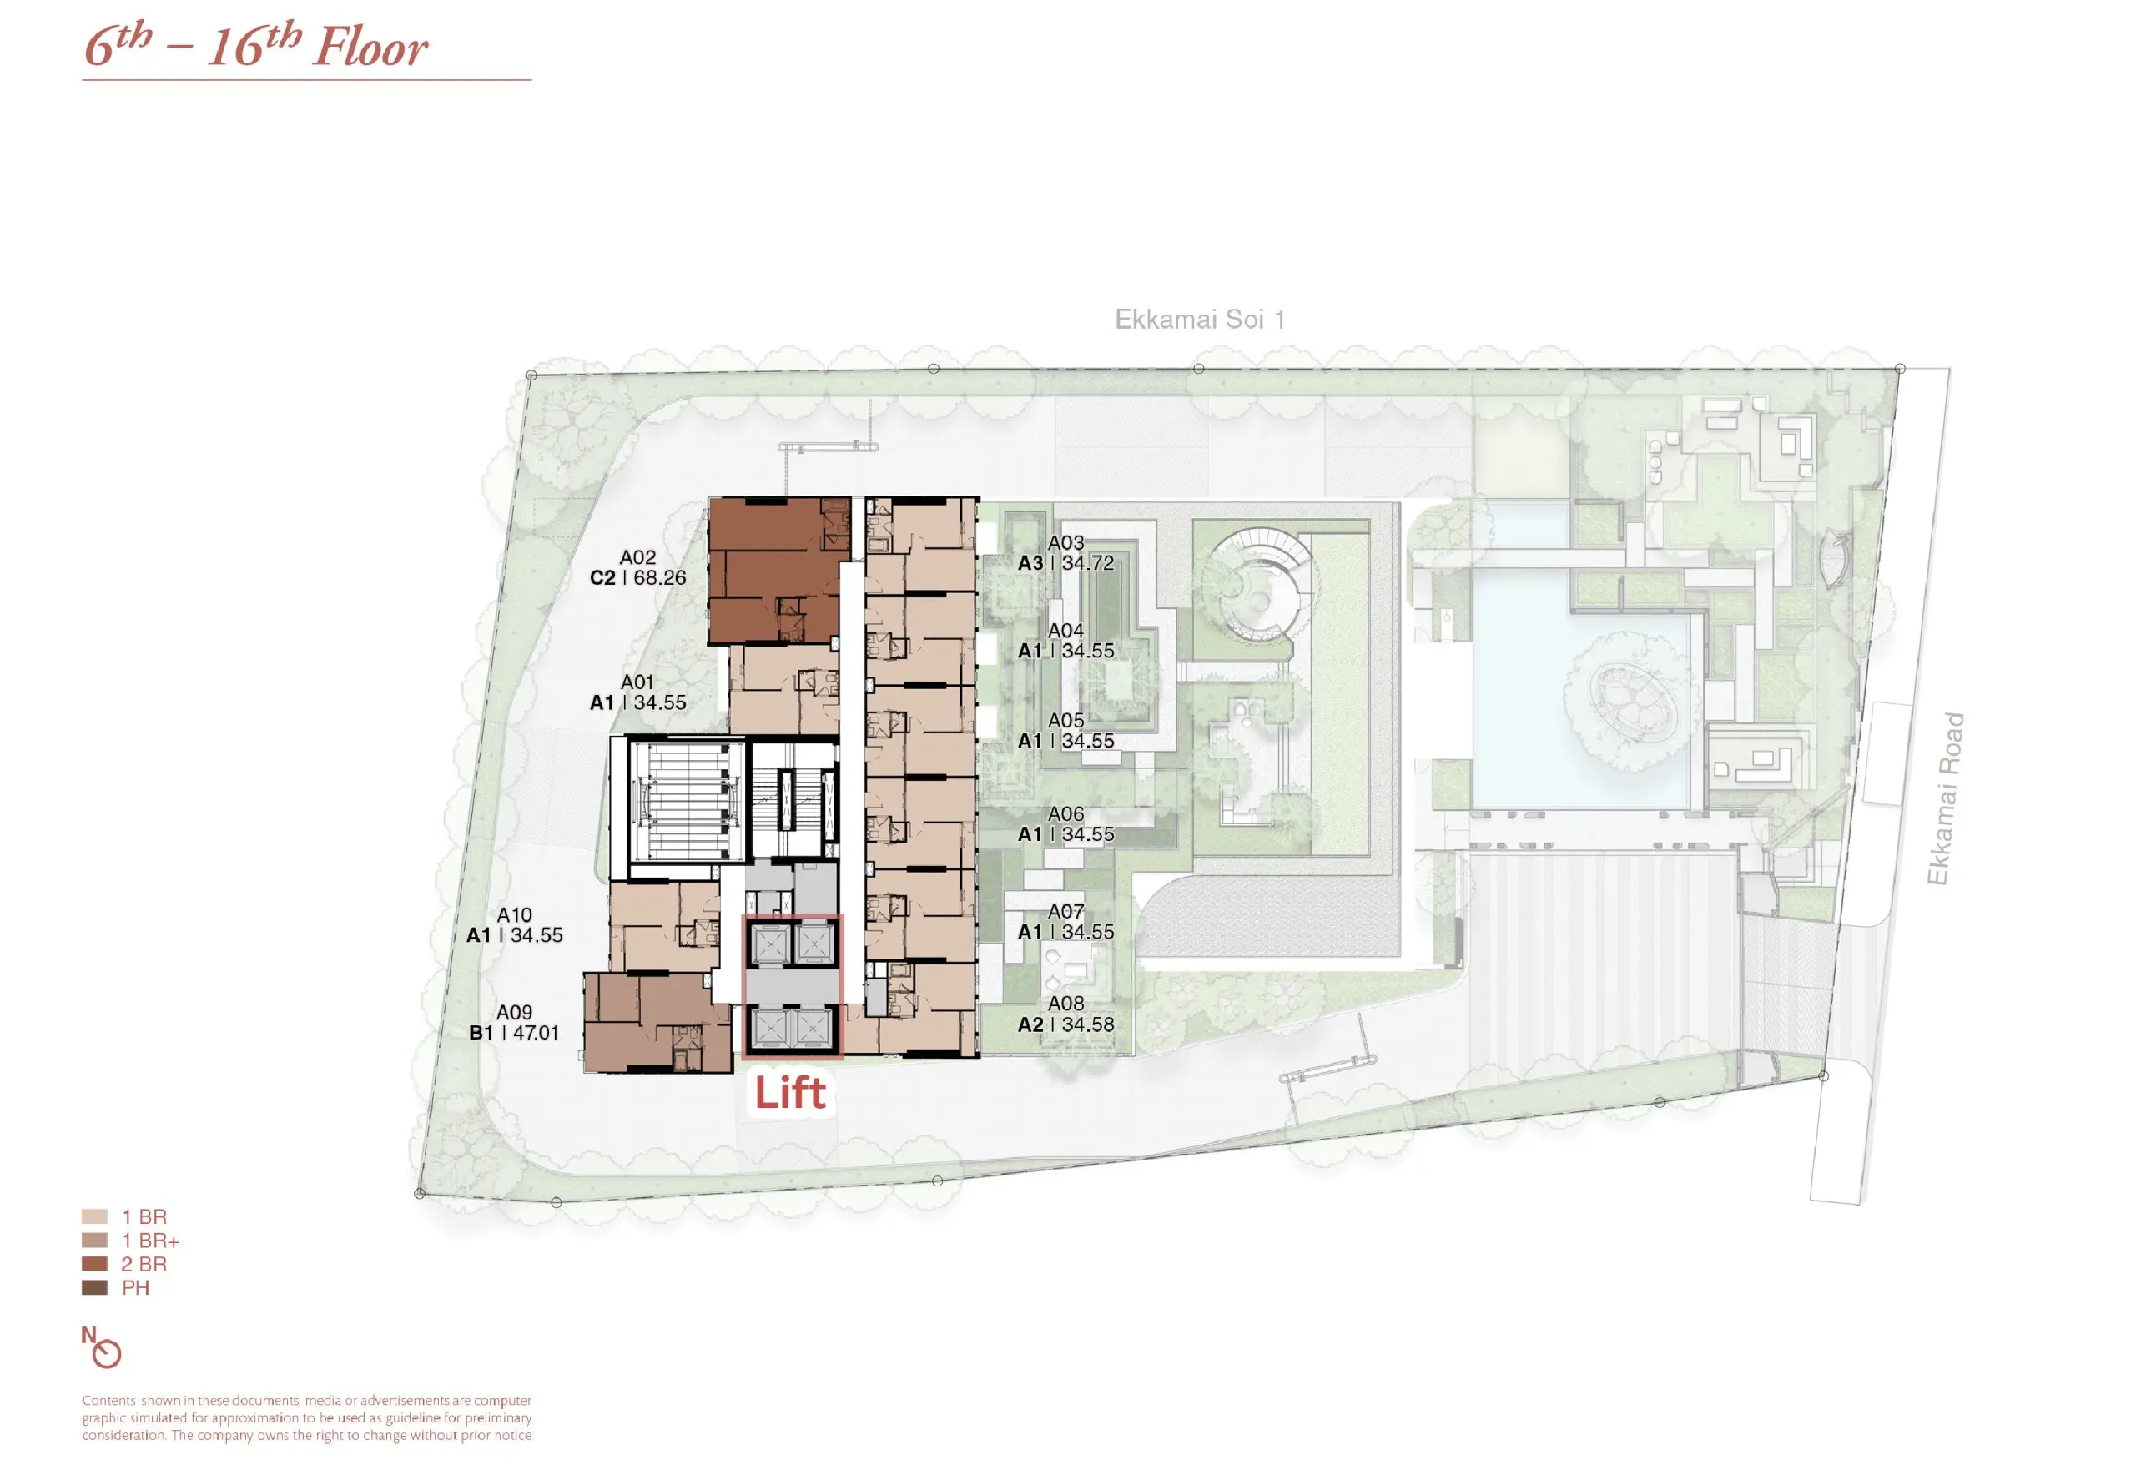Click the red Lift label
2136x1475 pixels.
pos(790,1091)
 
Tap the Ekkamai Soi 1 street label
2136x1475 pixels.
pos(1200,320)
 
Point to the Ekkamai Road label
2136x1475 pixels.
pos(1945,798)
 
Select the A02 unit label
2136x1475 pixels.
pos(637,557)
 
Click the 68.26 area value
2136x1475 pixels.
pos(660,577)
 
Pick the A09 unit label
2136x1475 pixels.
pos(514,1012)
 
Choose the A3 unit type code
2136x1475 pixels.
pos(1030,563)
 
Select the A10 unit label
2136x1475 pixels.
pos(514,915)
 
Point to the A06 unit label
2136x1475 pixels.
pos(1065,814)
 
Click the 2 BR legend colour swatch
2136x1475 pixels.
pos(94,1263)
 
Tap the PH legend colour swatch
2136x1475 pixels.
pos(94,1287)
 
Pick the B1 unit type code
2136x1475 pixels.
pos(481,1033)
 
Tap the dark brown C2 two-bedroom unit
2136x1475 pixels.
pos(778,570)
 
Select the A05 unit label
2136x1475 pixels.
pos(1065,720)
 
